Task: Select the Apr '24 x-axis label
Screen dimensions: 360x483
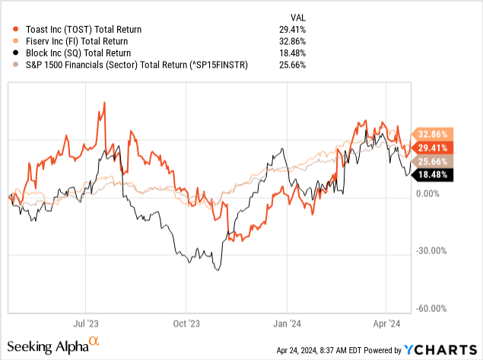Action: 387,323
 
